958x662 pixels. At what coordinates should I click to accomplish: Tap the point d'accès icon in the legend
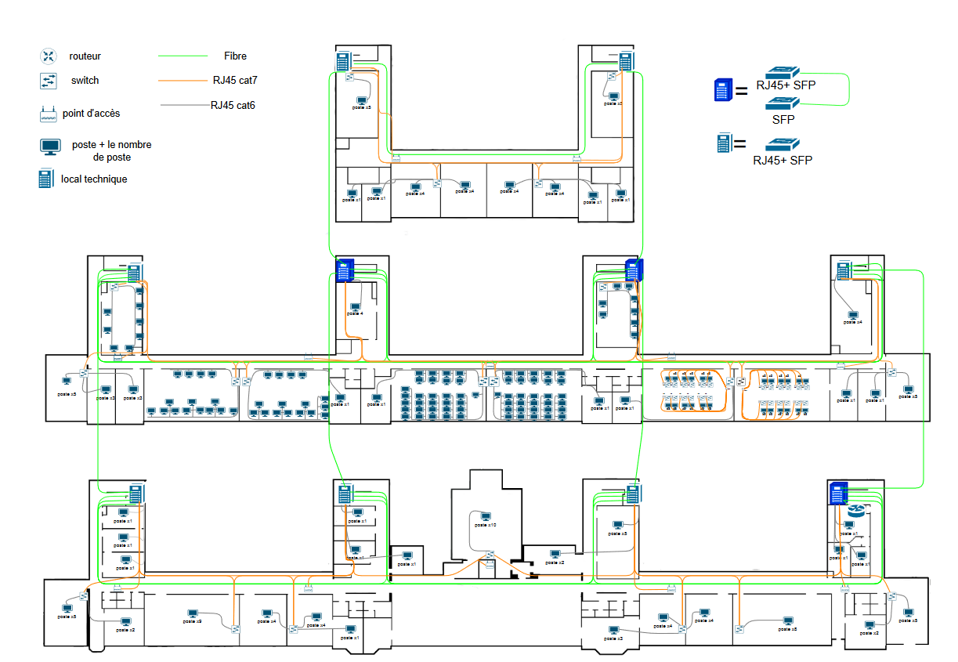point(49,114)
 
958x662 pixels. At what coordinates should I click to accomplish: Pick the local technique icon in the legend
point(48,179)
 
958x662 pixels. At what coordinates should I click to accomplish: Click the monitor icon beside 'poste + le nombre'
point(51,147)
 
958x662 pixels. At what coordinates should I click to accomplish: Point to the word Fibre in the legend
point(235,56)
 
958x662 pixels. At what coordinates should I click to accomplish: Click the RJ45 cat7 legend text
point(235,79)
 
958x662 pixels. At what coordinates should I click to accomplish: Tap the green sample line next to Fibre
point(186,56)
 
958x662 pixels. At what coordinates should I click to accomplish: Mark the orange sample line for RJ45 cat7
point(184,80)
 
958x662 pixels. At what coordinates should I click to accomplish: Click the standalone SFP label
point(783,120)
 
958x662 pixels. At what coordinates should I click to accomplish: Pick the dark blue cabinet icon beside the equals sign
point(722,91)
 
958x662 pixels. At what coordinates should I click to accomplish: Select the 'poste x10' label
point(486,525)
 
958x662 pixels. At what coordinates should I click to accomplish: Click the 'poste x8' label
point(788,629)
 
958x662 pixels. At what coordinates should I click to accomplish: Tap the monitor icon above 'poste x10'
point(486,516)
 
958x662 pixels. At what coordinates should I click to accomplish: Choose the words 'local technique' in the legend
point(94,179)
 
